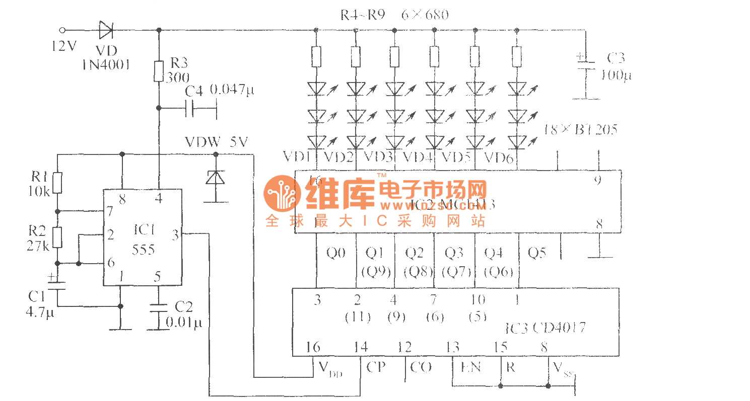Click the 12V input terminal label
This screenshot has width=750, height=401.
[x=63, y=46]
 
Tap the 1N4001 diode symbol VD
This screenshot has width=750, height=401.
[x=106, y=31]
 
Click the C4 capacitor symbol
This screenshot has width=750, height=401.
[x=190, y=108]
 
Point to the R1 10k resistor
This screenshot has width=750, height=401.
[x=57, y=183]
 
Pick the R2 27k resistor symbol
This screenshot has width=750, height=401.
[x=57, y=237]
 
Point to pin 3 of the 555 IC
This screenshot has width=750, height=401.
[x=175, y=234]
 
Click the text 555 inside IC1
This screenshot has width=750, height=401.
[x=143, y=250]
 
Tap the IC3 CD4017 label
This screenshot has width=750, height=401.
[x=545, y=329]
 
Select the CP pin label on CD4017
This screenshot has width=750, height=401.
[x=376, y=367]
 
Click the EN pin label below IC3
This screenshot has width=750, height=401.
[x=470, y=367]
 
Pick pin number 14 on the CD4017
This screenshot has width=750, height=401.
[x=360, y=347]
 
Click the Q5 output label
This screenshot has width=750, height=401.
[x=536, y=253]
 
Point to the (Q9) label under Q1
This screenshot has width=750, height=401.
[x=376, y=272]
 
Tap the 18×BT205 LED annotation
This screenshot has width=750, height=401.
[x=580, y=130]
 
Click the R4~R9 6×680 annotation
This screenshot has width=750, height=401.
[x=394, y=15]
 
